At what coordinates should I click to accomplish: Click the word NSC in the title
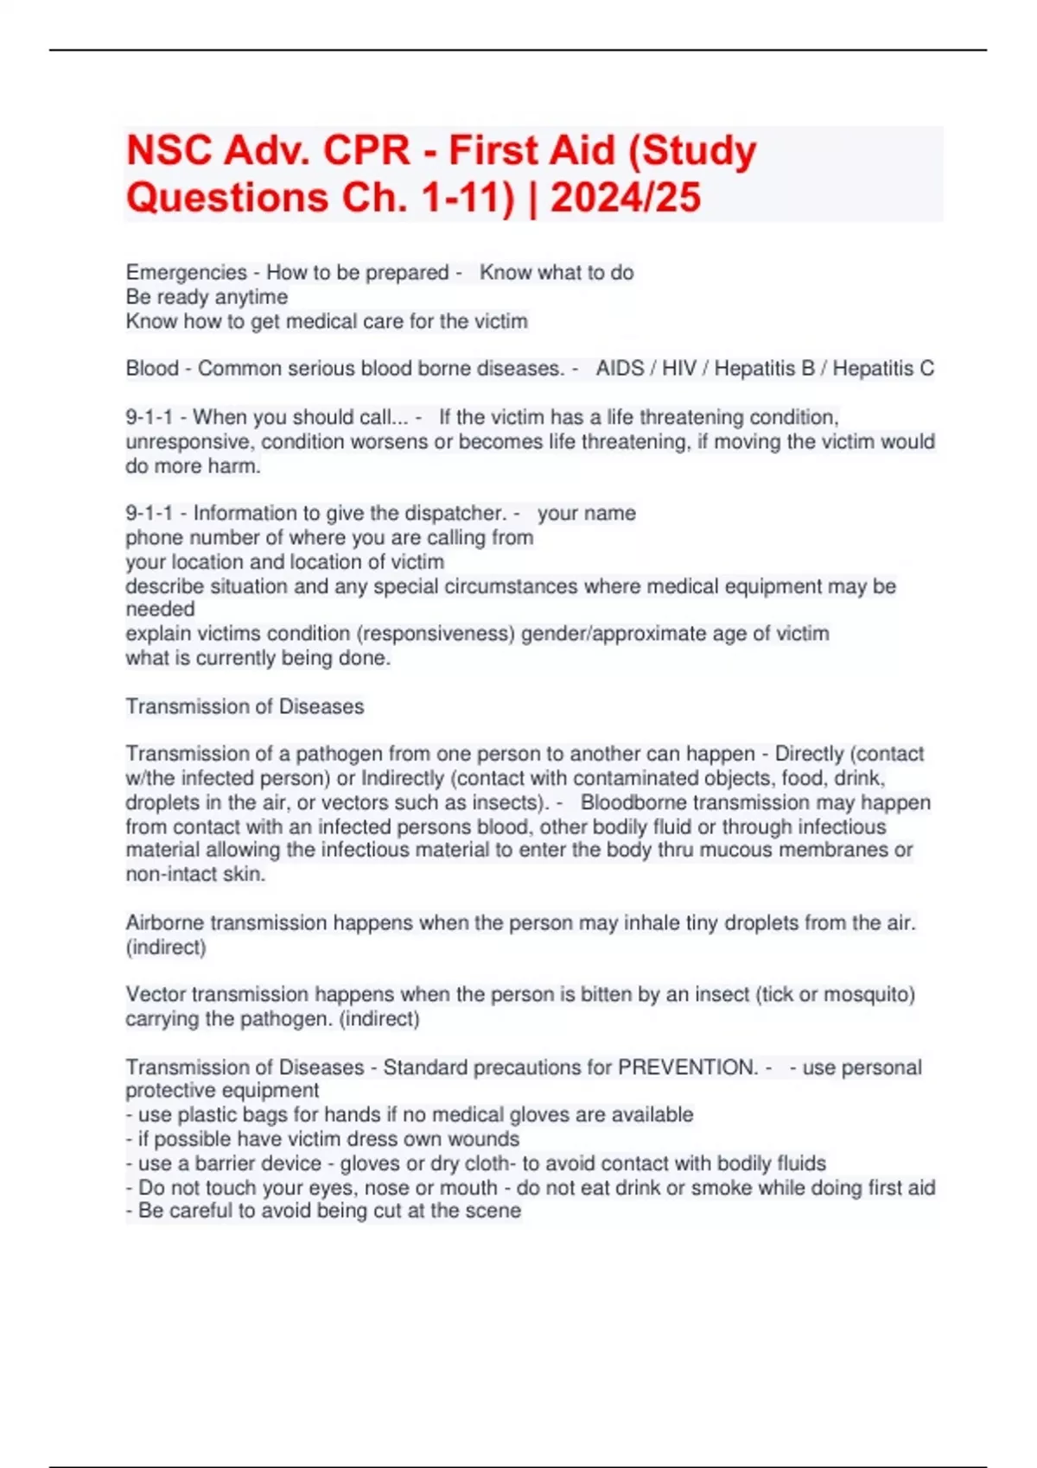pos(168,151)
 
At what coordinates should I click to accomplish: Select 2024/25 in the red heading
pos(626,198)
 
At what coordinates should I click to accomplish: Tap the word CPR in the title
pos(366,151)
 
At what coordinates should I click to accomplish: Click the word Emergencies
pos(187,273)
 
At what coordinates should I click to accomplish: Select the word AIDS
pos(620,369)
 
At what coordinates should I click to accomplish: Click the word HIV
pos(678,369)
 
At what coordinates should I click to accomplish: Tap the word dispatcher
pos(459,513)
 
